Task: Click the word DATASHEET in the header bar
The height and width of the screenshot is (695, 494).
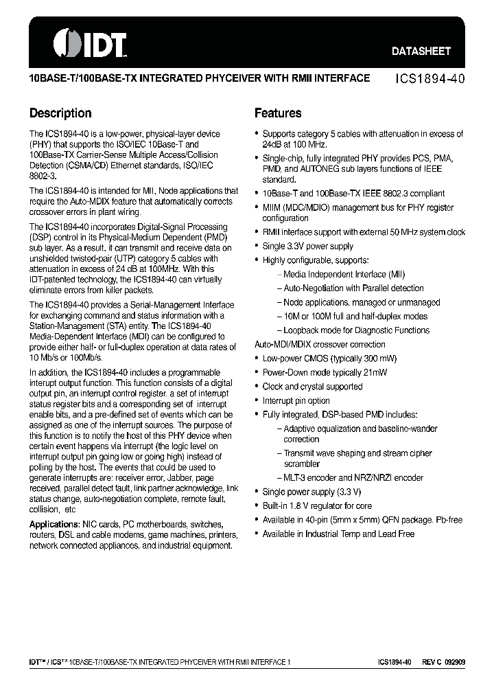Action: point(421,51)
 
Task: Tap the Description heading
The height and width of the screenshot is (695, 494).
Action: point(60,113)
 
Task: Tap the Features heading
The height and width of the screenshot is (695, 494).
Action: point(278,113)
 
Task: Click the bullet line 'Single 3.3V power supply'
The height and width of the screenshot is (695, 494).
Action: point(307,246)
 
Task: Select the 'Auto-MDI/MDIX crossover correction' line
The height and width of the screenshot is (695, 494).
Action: point(320,344)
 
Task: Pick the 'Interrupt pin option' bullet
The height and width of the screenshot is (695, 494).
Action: point(296,400)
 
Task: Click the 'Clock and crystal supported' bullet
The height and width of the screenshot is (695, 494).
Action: point(312,387)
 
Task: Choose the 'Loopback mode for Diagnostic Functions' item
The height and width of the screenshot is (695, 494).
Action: point(356,330)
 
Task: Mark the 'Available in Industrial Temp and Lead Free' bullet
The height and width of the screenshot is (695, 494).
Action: point(338,534)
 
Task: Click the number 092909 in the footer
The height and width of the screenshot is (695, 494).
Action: point(455,662)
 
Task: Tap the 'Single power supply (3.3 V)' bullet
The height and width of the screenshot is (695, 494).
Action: point(311,492)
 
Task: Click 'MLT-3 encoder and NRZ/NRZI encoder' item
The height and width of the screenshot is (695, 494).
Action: point(353,477)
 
